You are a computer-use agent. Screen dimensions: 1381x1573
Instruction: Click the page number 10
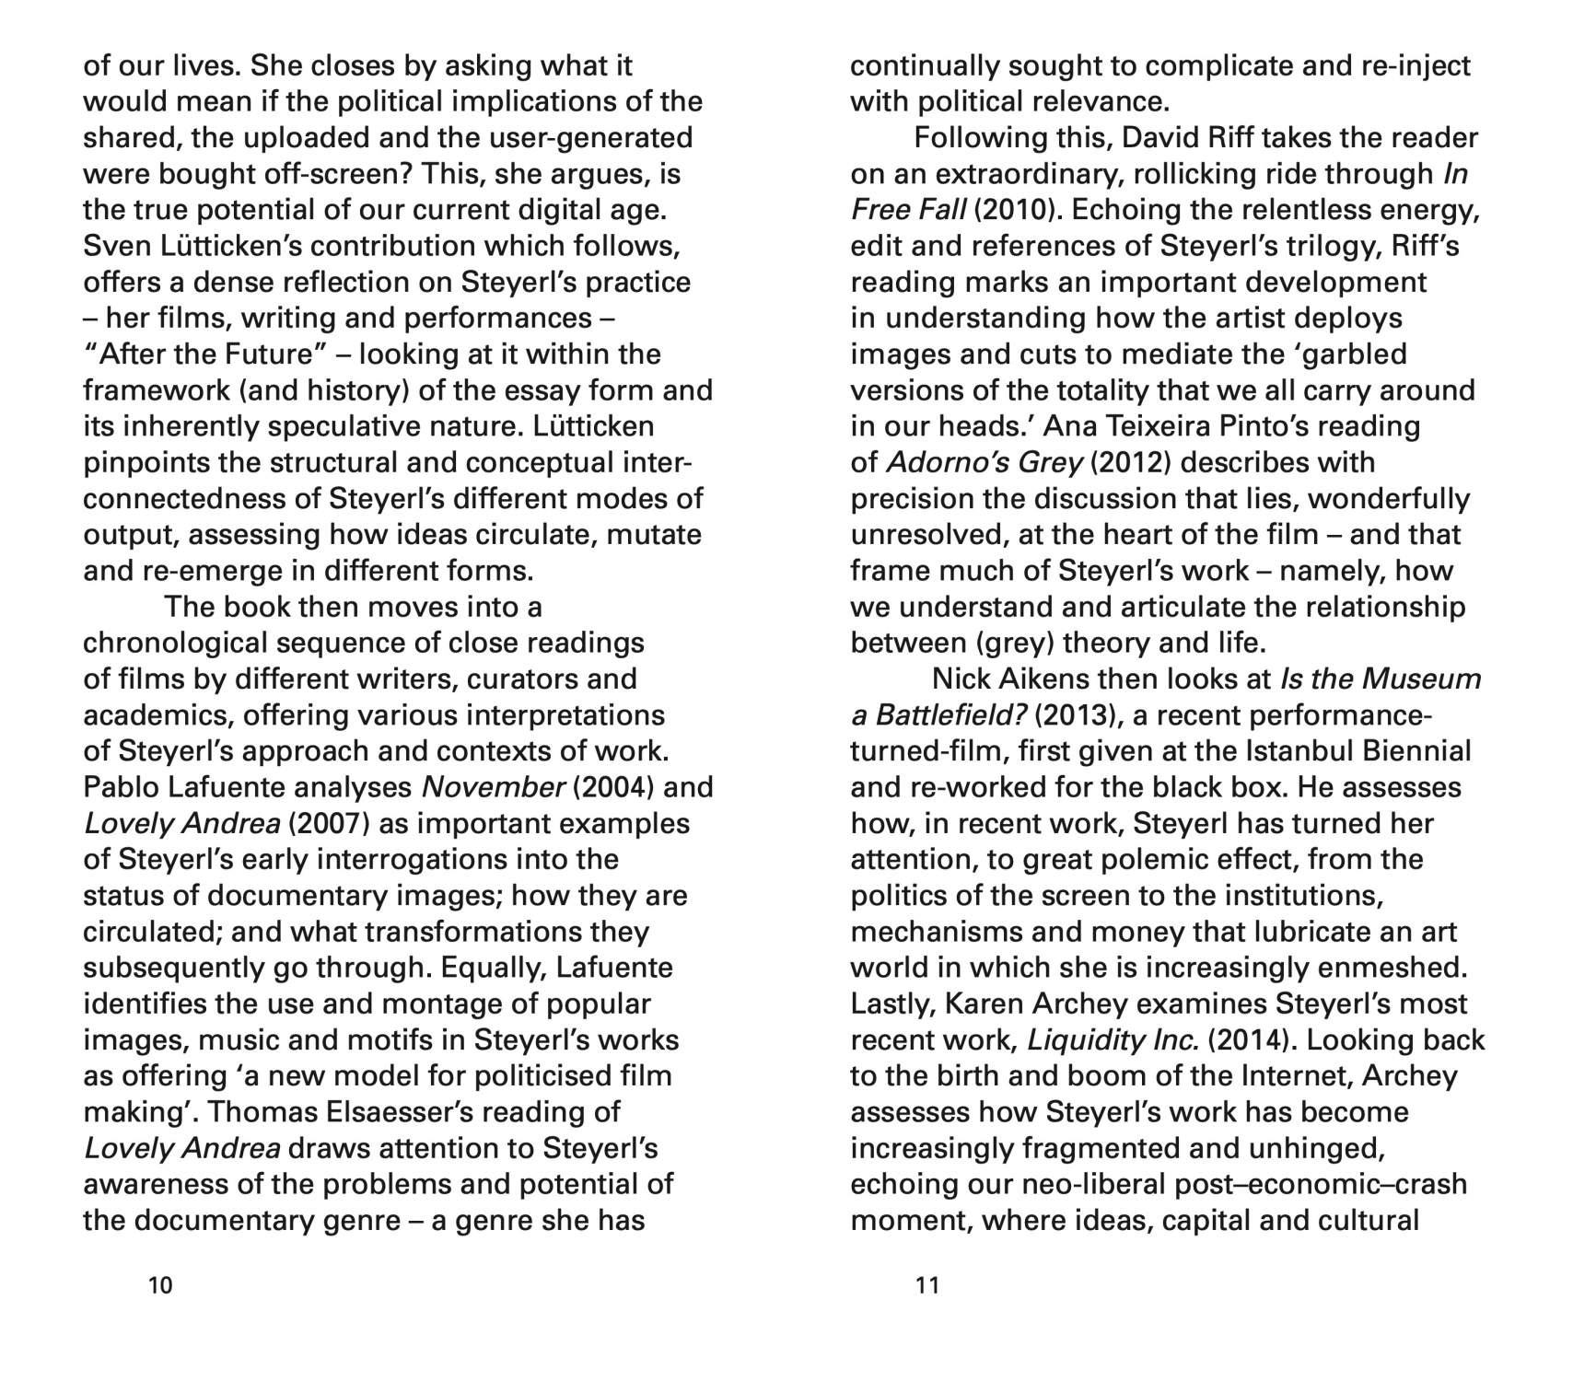pyautogui.click(x=160, y=1284)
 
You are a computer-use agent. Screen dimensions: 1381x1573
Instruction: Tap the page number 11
pyautogui.click(x=927, y=1284)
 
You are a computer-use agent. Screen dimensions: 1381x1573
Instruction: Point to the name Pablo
pyautogui.click(x=121, y=787)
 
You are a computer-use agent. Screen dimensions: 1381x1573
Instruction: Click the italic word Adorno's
pyautogui.click(x=936, y=463)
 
